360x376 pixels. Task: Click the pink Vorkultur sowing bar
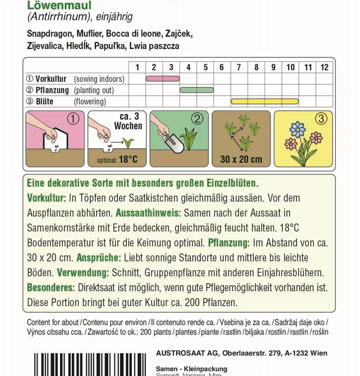point(162,79)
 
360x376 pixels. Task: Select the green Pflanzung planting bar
point(197,90)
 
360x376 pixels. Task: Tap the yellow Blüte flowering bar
point(265,101)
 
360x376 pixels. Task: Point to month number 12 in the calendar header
point(324,67)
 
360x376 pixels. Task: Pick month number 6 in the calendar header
point(222,67)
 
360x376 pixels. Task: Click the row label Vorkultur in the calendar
point(52,79)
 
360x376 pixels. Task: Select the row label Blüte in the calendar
point(45,101)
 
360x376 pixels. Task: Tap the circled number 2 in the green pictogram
point(197,119)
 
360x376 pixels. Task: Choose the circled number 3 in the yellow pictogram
point(320,119)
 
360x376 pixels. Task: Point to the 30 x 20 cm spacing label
point(241,159)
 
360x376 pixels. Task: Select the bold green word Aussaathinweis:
point(149,213)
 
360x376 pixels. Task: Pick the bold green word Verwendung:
point(83,273)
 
